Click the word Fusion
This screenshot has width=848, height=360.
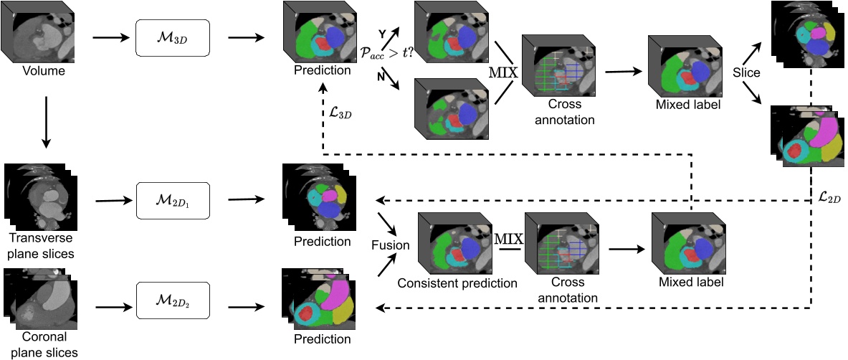click(x=390, y=245)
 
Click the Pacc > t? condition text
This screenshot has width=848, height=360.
click(x=390, y=51)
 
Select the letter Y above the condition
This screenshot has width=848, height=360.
click(x=382, y=34)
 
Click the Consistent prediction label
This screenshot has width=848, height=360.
click(x=457, y=283)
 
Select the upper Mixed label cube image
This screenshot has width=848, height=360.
click(x=680, y=67)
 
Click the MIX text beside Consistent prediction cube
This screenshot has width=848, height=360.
click(x=508, y=237)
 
